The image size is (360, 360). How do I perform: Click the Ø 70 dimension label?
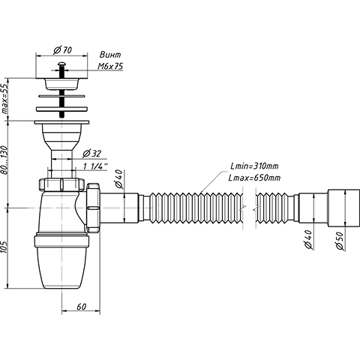62,49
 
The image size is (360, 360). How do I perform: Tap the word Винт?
110,55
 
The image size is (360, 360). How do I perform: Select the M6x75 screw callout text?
110,66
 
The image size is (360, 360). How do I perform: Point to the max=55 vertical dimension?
4,98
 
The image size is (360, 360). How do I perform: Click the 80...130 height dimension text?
4,160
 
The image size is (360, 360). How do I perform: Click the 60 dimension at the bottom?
81,307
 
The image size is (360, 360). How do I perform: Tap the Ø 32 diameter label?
91,154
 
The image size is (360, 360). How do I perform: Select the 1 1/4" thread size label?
95,166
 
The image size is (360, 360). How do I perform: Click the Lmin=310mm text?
254,166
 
